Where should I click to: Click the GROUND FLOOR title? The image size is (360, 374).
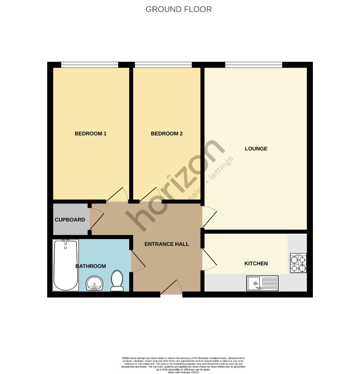pyautogui.click(x=178, y=9)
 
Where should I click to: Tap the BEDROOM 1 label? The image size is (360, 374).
pyautogui.click(x=90, y=134)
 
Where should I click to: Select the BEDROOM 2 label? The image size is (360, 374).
pyautogui.click(x=167, y=134)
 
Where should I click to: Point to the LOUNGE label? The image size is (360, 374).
pyautogui.click(x=256, y=149)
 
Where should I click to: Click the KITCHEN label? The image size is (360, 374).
pyautogui.click(x=256, y=264)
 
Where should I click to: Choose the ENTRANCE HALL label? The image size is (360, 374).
pyautogui.click(x=167, y=244)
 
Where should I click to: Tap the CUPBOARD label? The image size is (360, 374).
pyautogui.click(x=70, y=220)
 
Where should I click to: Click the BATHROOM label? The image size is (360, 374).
pyautogui.click(x=91, y=266)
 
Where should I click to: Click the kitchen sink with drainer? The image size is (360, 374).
pyautogui.click(x=262, y=283)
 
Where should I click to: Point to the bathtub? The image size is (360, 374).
pyautogui.click(x=65, y=265)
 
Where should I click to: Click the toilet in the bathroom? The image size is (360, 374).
pyautogui.click(x=117, y=281)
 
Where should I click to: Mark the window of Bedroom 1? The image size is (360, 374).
pyautogui.click(x=90, y=64)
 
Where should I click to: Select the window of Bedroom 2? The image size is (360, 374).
pyautogui.click(x=163, y=64)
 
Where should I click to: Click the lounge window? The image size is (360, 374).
pyautogui.click(x=253, y=64)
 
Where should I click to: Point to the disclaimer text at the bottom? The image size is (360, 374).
pyautogui.click(x=183, y=365)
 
